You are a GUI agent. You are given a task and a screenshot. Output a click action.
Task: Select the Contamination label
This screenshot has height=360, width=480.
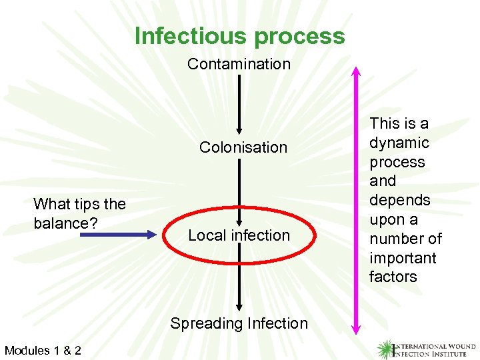pyautogui.click(x=239, y=64)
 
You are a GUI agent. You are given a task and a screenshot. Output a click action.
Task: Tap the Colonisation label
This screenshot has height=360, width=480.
pyautogui.click(x=243, y=147)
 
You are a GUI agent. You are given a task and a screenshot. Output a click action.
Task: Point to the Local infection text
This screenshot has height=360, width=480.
pyautogui.click(x=239, y=235)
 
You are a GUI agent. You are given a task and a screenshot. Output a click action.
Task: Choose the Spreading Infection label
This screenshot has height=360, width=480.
pyautogui.click(x=239, y=324)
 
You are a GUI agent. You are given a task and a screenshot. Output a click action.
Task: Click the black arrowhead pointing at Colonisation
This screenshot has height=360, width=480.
pyautogui.click(x=239, y=129)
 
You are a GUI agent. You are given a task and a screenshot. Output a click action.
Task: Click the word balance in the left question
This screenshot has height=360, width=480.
pyautogui.click(x=61, y=223)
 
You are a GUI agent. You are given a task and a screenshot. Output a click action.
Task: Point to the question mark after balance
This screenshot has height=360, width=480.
pyautogui.click(x=93, y=223)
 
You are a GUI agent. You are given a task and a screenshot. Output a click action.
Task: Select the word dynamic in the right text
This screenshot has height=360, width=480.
pyautogui.click(x=399, y=143)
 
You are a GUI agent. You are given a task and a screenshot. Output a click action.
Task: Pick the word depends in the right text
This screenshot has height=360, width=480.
pyautogui.click(x=400, y=201)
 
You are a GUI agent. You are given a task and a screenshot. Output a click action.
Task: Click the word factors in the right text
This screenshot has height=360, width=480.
pyautogui.click(x=393, y=277)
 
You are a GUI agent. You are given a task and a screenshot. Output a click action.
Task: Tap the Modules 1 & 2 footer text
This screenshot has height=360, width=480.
pyautogui.click(x=43, y=350)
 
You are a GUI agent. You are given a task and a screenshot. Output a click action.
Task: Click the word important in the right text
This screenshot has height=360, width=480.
pyautogui.click(x=402, y=258)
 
